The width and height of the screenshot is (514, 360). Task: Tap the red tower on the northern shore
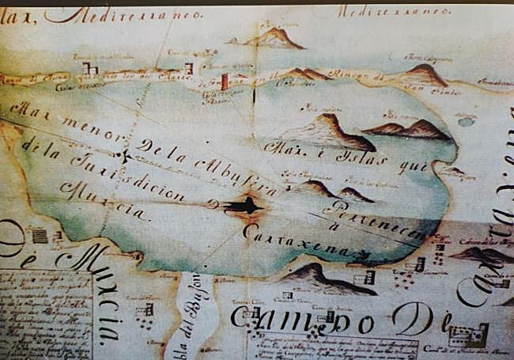(x=225, y=81)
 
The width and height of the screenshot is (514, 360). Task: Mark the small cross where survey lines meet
(x=124, y=155)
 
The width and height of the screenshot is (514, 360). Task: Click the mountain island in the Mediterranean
(x=273, y=37)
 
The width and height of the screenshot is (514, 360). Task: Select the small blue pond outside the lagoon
(x=467, y=122)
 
